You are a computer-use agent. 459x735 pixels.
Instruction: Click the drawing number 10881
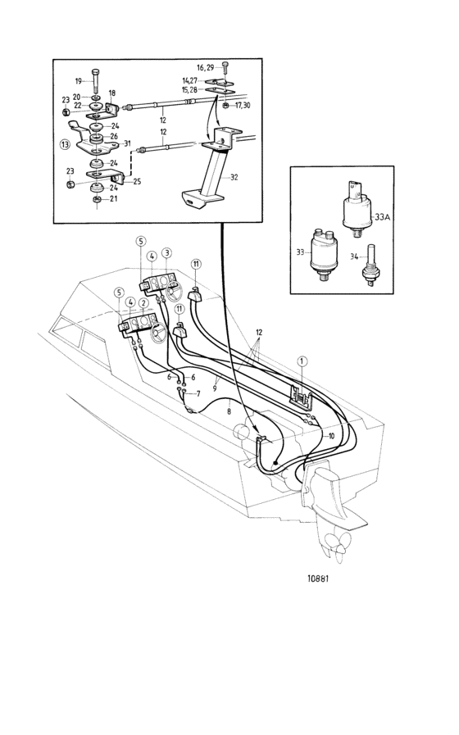click(x=318, y=578)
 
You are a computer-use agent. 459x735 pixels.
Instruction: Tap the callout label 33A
click(x=383, y=217)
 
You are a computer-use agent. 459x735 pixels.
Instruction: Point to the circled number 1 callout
click(x=302, y=361)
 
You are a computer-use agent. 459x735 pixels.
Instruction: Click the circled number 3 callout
click(x=167, y=253)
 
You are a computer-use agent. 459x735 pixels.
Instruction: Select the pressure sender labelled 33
click(x=323, y=256)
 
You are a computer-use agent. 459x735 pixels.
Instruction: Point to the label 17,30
click(x=242, y=106)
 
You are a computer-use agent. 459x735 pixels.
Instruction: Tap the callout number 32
click(x=234, y=177)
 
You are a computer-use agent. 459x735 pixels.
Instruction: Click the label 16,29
click(x=204, y=68)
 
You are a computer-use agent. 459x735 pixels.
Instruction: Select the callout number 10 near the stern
click(x=331, y=436)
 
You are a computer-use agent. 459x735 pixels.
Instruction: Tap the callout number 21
click(x=114, y=199)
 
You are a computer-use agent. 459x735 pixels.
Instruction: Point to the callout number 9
click(x=215, y=388)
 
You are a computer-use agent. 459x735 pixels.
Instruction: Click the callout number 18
click(x=111, y=93)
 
